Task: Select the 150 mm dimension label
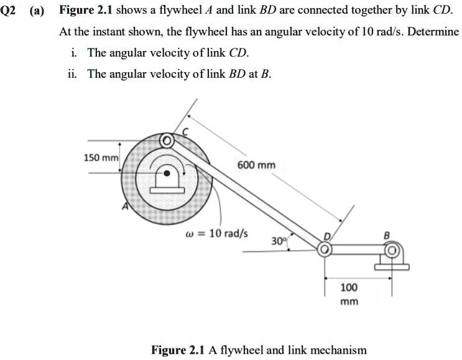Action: tap(101, 158)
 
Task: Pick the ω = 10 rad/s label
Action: tap(216, 234)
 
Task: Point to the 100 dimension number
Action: tap(349, 288)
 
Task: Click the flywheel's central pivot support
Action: tap(166, 176)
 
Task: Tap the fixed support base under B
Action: tap(392, 267)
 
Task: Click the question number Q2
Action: tap(12, 11)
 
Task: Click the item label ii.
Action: tap(72, 74)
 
